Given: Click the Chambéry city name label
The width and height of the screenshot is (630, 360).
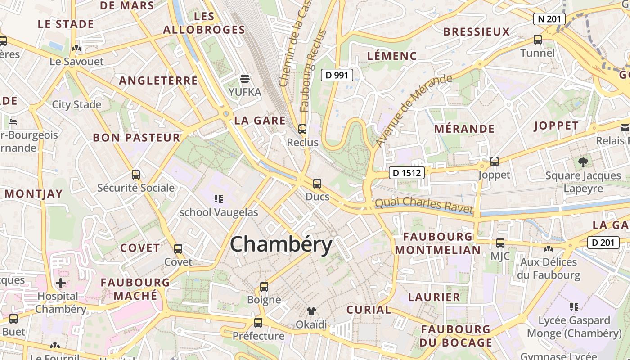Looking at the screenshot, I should click(x=281, y=245).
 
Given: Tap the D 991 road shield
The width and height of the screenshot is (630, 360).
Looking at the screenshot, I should click(x=337, y=75).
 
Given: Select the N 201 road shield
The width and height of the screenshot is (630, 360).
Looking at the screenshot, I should click(x=549, y=19).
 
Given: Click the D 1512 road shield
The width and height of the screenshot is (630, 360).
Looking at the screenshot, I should click(x=406, y=173).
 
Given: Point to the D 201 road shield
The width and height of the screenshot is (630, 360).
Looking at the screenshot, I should click(x=603, y=243).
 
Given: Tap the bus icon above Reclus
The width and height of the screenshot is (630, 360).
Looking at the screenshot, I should click(x=302, y=129).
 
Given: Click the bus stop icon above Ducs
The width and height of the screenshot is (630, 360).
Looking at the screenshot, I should click(x=317, y=183).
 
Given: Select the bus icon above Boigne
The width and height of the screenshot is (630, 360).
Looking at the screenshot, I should click(x=264, y=287).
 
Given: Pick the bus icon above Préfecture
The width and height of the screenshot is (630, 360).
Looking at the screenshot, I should click(x=258, y=322).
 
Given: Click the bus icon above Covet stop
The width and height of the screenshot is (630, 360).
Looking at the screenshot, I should click(x=178, y=248).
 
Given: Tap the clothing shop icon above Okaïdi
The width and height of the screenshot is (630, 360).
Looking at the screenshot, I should click(x=311, y=311).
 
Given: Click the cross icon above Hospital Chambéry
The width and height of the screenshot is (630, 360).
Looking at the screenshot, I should click(x=61, y=283).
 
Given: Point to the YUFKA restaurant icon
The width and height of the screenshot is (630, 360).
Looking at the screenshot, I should click(x=245, y=79).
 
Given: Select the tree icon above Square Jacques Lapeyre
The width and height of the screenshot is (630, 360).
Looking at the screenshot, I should click(x=583, y=162).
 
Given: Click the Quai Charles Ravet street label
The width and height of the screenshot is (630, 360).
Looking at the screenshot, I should click(x=424, y=205).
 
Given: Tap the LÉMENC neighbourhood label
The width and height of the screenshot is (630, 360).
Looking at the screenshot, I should click(x=392, y=56).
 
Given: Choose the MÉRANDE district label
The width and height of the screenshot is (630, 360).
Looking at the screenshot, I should click(x=464, y=129).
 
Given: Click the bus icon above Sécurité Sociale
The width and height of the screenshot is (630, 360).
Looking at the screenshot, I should click(x=136, y=175).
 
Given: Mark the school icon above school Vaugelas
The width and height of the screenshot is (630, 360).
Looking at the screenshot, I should click(x=219, y=198).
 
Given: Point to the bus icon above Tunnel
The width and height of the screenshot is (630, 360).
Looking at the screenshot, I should click(x=538, y=40).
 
